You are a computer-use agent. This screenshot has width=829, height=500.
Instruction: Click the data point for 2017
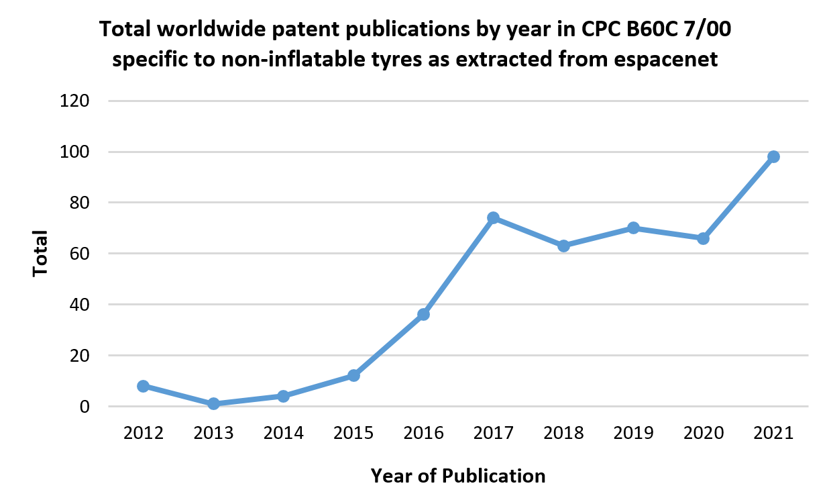tap(493, 217)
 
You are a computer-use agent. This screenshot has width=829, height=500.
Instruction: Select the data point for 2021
tap(773, 156)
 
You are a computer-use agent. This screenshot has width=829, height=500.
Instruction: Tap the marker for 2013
tap(213, 403)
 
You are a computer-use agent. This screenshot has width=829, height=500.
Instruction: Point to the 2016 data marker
tap(423, 314)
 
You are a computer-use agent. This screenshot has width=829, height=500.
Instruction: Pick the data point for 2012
tap(143, 386)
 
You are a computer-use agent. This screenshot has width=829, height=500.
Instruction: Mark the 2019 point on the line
tap(633, 228)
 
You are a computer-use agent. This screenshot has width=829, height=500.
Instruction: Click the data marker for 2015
tap(353, 375)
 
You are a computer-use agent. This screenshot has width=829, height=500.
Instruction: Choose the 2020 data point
tap(703, 238)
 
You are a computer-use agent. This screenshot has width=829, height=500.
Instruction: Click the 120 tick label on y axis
tap(75, 101)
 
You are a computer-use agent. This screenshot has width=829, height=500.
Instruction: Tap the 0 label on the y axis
tap(85, 407)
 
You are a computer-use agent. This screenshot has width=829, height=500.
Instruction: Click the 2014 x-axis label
tap(283, 433)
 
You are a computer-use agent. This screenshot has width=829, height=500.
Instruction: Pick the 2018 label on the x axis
tap(563, 433)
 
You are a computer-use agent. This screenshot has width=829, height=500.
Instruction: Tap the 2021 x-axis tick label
tap(773, 433)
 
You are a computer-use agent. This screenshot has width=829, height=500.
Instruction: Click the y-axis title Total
tap(41, 254)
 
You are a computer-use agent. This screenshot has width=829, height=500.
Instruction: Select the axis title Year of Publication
tap(457, 476)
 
